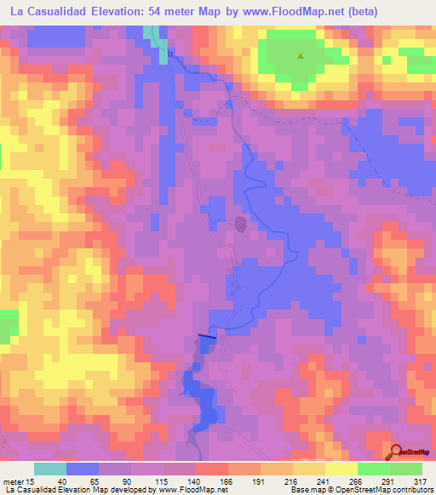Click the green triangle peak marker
click(x=300, y=57)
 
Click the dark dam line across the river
click(x=207, y=336)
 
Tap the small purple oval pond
click(x=241, y=225)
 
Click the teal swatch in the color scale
click(x=50, y=469)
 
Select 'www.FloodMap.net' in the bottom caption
click(x=186, y=491)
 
